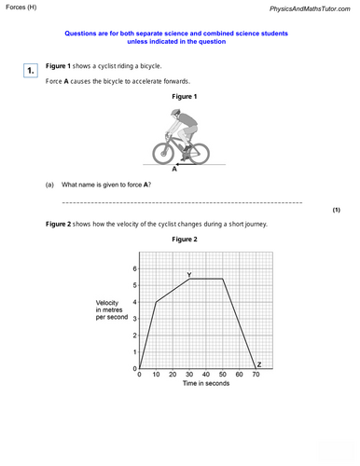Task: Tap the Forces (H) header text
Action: pos(25,8)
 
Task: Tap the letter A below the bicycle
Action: pos(174,171)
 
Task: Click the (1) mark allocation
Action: pos(336,211)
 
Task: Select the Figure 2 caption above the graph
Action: pos(185,240)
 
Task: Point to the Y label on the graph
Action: pos(189,274)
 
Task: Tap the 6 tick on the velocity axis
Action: pos(134,268)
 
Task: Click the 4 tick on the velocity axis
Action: pos(134,302)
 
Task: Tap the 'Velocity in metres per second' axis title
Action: pos(110,310)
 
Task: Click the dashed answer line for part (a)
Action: pos(182,202)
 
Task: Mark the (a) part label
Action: pos(50,185)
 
